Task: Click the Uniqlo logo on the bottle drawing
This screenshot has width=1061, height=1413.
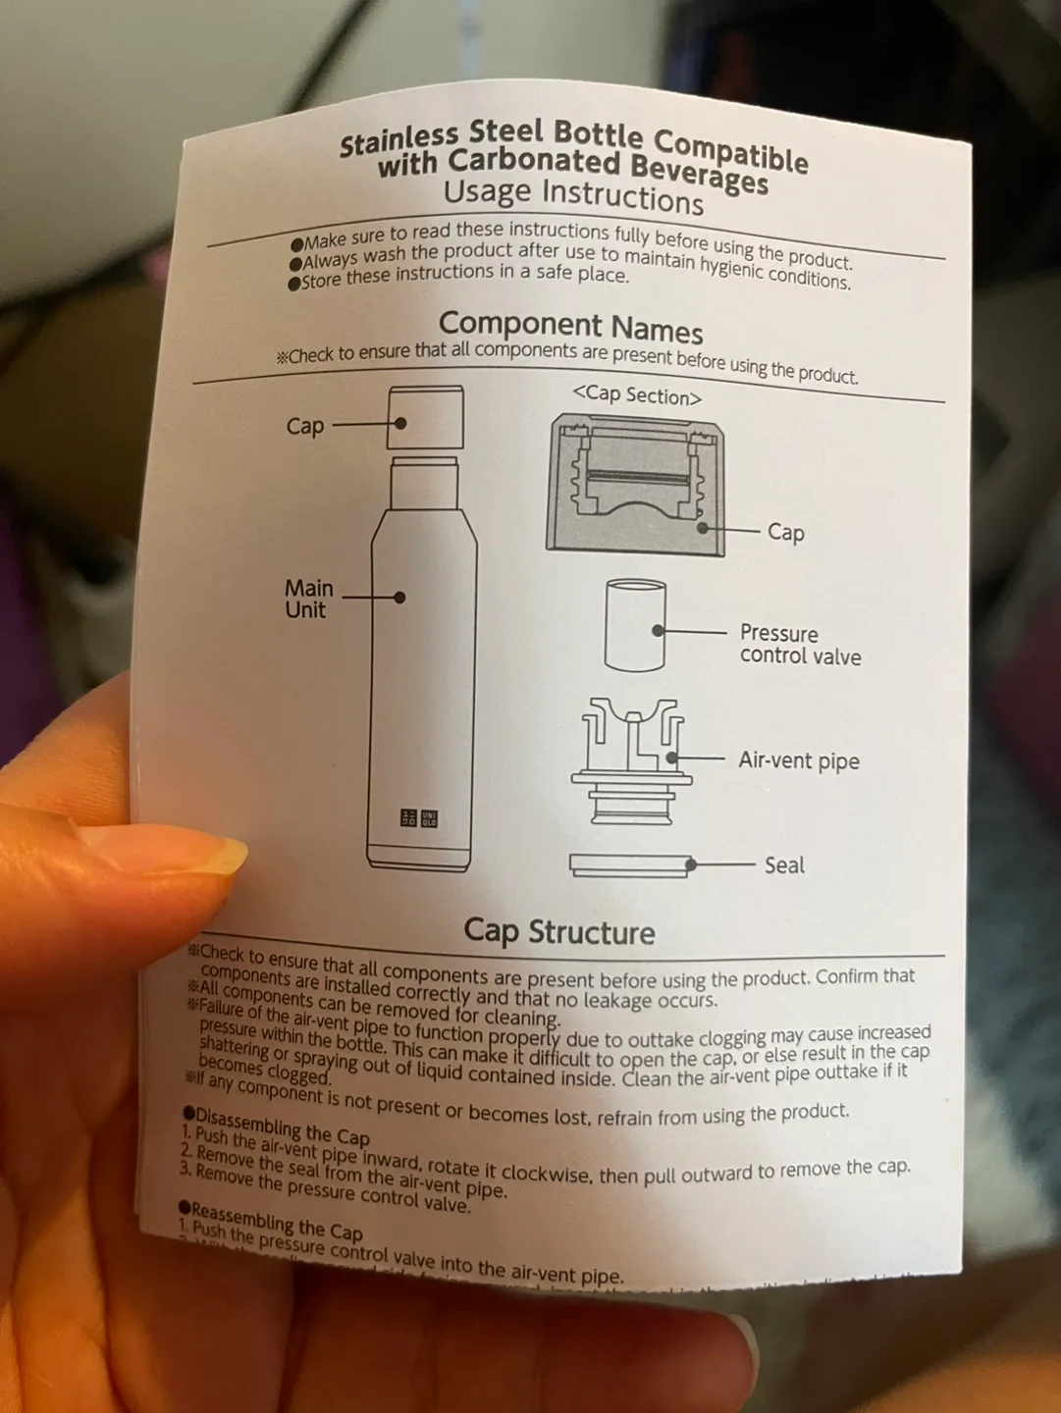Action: [419, 817]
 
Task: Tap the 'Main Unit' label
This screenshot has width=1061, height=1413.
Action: [308, 599]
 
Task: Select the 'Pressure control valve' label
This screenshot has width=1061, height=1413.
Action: [799, 645]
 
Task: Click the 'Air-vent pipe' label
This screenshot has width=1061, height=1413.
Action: [798, 760]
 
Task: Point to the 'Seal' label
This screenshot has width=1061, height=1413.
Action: [783, 864]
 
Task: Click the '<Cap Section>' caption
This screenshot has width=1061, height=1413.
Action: [637, 394]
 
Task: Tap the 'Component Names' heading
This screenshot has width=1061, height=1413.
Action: [570, 326]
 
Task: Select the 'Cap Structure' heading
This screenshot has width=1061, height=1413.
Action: [558, 931]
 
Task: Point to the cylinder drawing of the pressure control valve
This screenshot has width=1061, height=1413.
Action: [635, 625]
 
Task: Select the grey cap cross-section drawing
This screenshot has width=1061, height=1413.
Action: [636, 484]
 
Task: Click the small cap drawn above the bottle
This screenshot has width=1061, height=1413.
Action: [426, 417]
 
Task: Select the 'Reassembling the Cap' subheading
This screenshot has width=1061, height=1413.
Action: [275, 1219]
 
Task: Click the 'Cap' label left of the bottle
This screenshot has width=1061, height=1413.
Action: [304, 426]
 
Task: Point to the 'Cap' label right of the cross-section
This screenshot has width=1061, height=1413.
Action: [785, 532]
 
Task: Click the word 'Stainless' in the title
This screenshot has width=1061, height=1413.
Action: [398, 140]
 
